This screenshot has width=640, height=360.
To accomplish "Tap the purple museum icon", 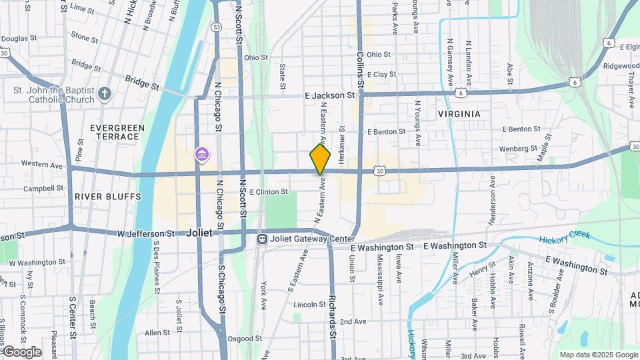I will (201, 155).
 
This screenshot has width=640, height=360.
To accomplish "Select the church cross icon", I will (104, 93).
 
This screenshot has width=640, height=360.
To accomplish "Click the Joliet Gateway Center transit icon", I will (263, 239).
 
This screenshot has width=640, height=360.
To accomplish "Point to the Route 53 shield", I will (217, 27).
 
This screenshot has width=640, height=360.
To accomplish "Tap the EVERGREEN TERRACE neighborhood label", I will (115, 132).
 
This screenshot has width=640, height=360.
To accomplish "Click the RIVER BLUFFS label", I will (108, 197).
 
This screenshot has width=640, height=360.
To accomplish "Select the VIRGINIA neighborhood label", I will (459, 114).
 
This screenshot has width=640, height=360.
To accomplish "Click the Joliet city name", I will (199, 233).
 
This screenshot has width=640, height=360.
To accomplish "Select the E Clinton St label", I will (268, 192).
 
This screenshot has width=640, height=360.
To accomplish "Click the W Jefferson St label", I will (146, 234).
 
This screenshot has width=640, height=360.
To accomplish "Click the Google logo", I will (21, 352).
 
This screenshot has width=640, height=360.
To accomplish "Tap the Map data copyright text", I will (598, 355).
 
